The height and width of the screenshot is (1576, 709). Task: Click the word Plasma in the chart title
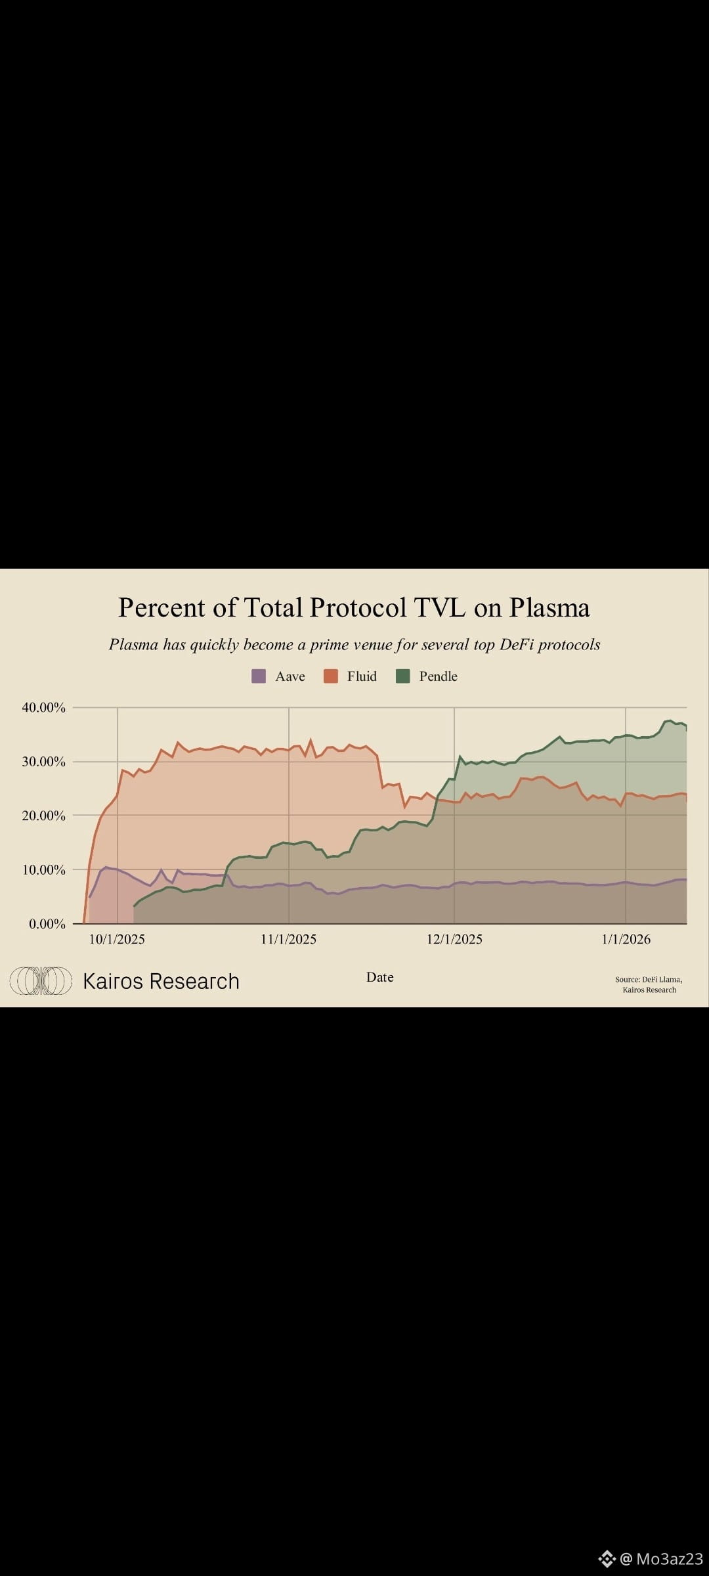[x=549, y=608]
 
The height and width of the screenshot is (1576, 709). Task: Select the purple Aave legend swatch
[x=259, y=676]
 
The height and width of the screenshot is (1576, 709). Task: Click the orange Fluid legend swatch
[x=331, y=676]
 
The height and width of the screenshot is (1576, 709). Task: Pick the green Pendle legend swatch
[x=403, y=676]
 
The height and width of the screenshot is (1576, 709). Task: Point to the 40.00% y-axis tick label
[x=43, y=707]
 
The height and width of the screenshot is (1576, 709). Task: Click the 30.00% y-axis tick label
[x=43, y=762]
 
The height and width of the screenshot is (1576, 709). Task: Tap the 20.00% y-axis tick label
[x=43, y=816]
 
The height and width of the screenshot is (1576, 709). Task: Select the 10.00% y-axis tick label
[x=43, y=869]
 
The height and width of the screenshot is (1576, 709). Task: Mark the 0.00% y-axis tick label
[x=47, y=924]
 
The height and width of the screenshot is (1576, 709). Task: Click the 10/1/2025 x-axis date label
[x=117, y=939]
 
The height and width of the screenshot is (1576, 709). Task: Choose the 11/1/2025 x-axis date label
[x=288, y=939]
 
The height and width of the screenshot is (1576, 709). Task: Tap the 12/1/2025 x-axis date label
[x=454, y=939]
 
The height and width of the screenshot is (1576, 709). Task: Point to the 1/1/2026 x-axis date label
[x=626, y=939]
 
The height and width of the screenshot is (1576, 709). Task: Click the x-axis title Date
[x=380, y=977]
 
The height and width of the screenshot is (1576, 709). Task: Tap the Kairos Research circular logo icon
[x=41, y=981]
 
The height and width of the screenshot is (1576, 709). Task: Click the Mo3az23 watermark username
[x=669, y=1559]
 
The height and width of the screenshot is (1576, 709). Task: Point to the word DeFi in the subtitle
[x=517, y=645]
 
